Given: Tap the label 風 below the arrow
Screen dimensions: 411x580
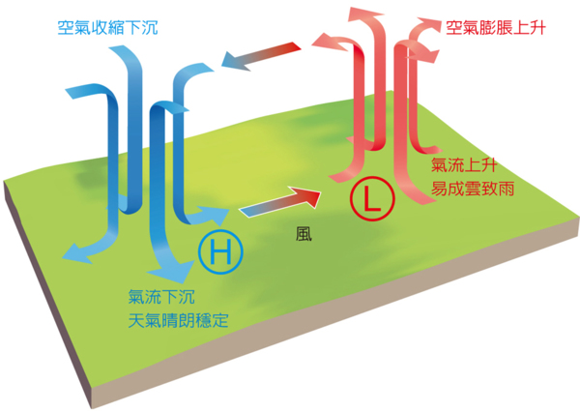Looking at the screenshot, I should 304,233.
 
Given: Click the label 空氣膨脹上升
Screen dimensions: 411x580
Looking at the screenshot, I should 496,28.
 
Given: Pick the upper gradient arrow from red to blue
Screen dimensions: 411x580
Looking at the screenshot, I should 264,55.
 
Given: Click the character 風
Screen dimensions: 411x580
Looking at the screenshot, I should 304,233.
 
